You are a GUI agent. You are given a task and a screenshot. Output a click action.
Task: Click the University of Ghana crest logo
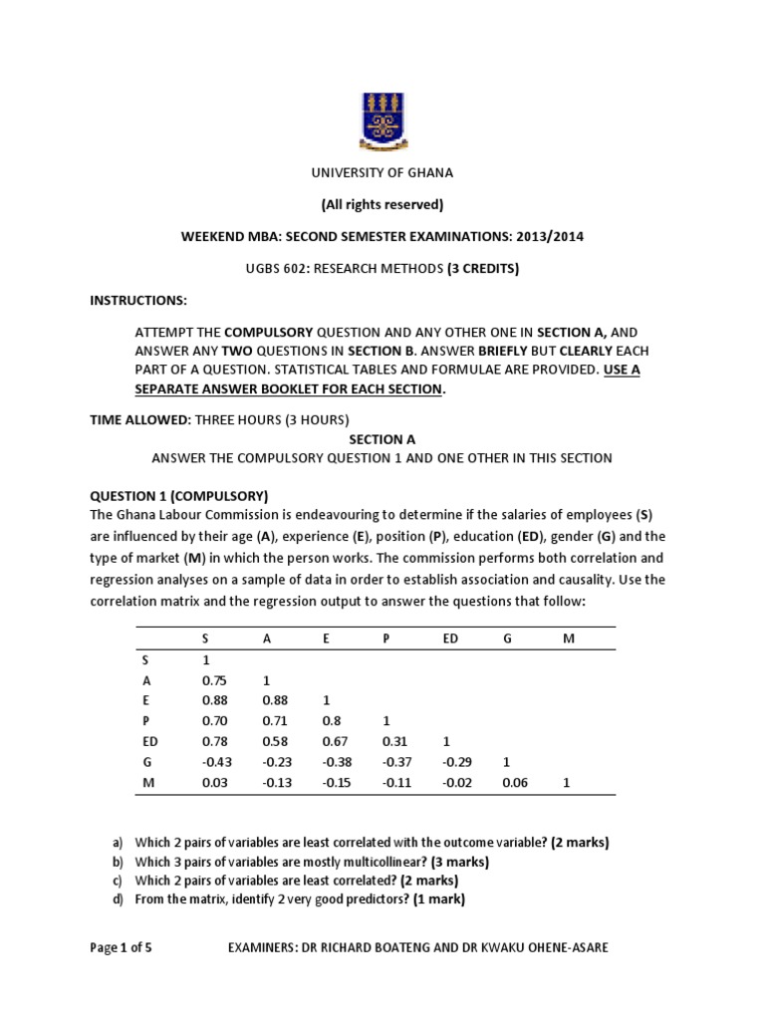pos(382,117)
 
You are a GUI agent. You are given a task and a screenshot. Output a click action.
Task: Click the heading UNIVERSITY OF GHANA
pos(382,172)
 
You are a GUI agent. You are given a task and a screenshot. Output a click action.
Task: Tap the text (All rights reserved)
pos(382,204)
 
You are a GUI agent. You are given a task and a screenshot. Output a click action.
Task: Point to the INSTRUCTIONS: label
pos(138,300)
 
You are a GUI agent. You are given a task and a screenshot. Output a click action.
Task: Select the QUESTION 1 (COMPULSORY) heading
pos(179,495)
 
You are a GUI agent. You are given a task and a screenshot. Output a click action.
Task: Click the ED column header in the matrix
pos(449,638)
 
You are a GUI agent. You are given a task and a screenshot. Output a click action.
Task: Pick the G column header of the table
pos(507,638)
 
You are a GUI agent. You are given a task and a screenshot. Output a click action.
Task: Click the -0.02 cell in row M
pos(453,783)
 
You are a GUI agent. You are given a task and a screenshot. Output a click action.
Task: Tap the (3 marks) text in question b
pos(456,862)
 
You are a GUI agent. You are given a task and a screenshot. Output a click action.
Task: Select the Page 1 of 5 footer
pos(121,947)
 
